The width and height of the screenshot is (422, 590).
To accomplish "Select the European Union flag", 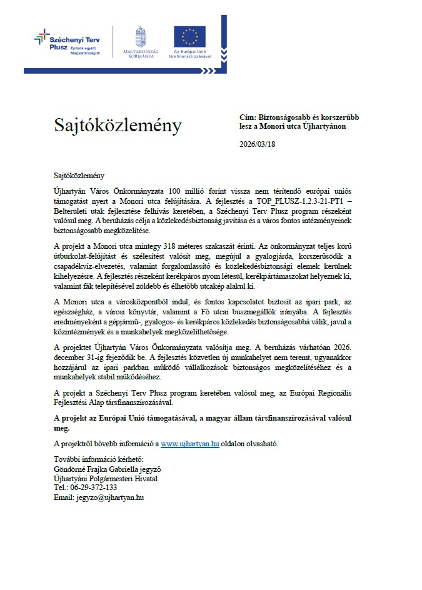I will (x=189, y=36).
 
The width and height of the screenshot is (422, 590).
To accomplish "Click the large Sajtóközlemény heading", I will (x=117, y=126).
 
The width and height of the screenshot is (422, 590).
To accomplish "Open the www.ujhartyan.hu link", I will (x=190, y=443).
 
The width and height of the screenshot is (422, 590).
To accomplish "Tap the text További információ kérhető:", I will (x=94, y=459).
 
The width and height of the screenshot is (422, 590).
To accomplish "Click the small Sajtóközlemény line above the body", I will (x=77, y=176).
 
